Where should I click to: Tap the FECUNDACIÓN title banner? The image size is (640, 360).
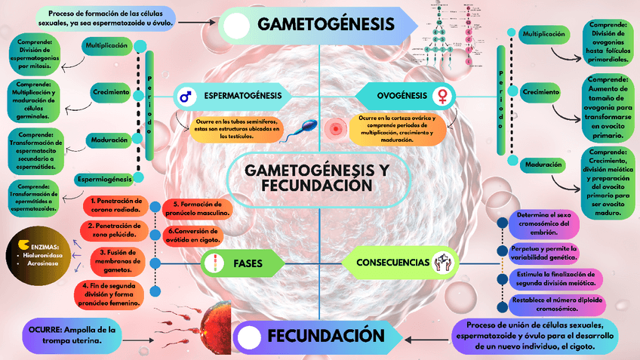tap(331, 335)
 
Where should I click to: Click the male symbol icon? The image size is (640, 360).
tap(185, 97)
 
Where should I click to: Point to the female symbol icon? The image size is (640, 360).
tap(443, 97)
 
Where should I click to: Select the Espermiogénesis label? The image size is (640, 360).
tap(104, 179)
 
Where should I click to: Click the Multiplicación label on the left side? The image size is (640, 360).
tap(106, 46)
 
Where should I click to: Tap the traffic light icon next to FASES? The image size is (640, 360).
tap(215, 263)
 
